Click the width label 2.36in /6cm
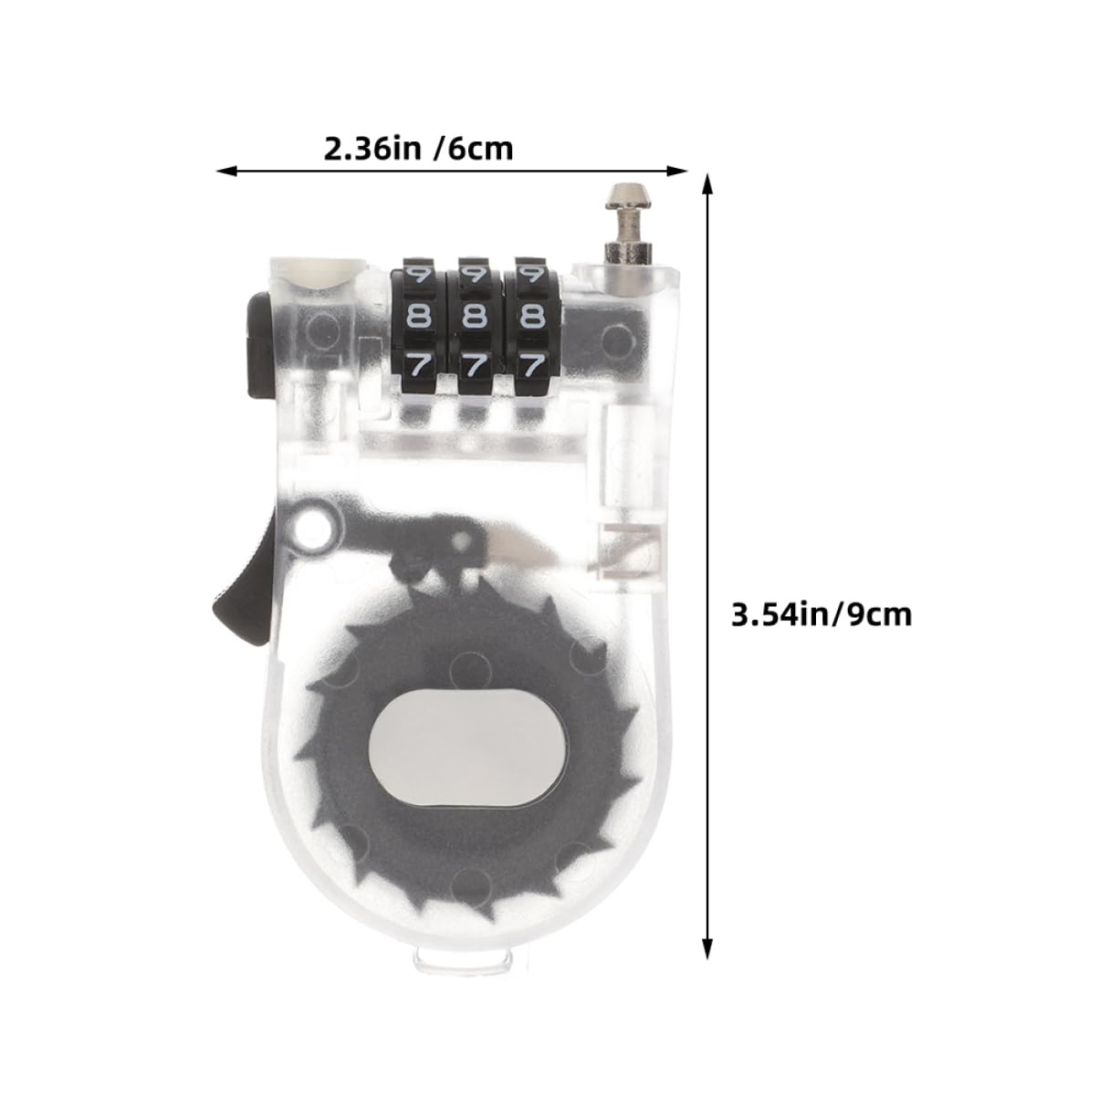point(418,148)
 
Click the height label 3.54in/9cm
point(821,614)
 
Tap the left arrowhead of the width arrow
point(225,171)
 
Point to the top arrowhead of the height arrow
point(706,183)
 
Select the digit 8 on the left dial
point(419,317)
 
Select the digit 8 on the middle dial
point(474,317)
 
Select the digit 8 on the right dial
point(530,317)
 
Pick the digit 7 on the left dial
point(419,364)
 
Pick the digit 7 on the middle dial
point(474,364)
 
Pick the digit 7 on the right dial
point(530,364)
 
